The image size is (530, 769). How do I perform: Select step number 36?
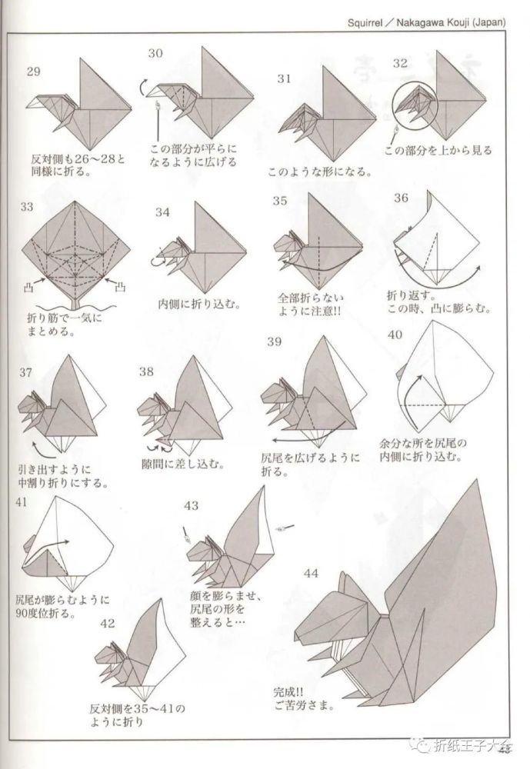click(x=400, y=198)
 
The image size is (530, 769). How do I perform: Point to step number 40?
click(x=395, y=335)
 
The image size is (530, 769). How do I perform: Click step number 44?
click(x=311, y=572)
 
